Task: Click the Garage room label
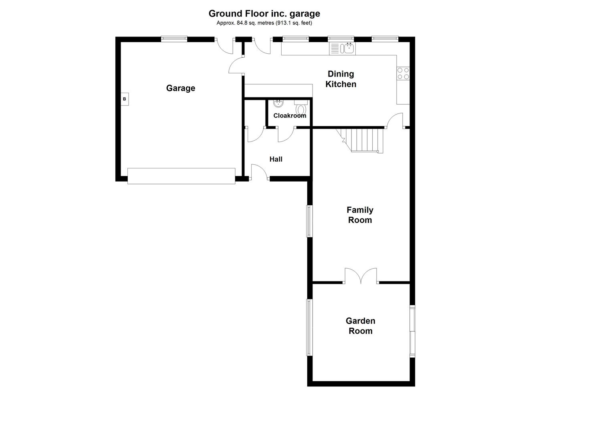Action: [x=180, y=88]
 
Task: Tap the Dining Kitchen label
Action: [x=341, y=79]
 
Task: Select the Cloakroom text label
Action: [x=290, y=115]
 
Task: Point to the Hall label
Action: [x=276, y=159]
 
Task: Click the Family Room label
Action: [x=360, y=215]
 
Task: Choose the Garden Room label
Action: [x=360, y=326]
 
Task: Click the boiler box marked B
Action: [x=124, y=99]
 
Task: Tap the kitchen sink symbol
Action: [x=342, y=49]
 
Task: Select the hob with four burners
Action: [x=403, y=73]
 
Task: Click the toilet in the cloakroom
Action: [x=301, y=108]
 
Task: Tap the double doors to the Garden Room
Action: [x=361, y=277]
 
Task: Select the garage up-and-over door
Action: [x=181, y=176]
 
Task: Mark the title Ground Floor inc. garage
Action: [x=264, y=14]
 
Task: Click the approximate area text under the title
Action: [x=264, y=23]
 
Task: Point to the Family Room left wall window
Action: [x=309, y=221]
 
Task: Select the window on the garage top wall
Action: [x=174, y=39]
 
